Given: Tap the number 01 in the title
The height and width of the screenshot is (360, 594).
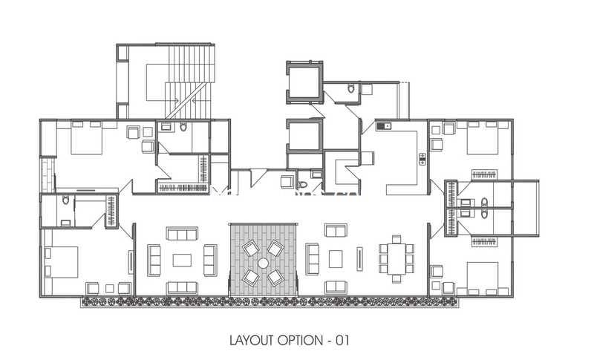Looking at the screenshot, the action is tap(342, 340).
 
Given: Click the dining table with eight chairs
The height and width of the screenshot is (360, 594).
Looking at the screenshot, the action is tap(396, 258).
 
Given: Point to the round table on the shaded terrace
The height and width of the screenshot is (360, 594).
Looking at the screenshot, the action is tap(263, 263).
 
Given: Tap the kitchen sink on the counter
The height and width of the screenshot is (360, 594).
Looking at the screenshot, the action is tap(384, 125).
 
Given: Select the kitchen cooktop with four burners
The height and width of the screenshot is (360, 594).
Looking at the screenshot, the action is tap(422, 159).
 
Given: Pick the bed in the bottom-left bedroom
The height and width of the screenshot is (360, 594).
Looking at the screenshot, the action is tap(62, 262).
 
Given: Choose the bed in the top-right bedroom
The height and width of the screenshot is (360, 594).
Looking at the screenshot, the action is tap(482, 137).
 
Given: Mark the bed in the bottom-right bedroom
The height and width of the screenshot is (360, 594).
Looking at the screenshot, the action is tap(482, 278).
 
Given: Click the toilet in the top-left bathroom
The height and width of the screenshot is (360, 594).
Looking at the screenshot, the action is tap(183, 127).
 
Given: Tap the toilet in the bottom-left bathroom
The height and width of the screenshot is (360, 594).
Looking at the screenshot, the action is tap(65, 200).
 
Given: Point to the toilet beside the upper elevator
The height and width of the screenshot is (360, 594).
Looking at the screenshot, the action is tap(351, 88).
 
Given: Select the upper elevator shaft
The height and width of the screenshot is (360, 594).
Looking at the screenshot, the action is tap(304, 82).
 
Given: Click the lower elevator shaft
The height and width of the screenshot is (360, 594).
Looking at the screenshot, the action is tap(304, 136).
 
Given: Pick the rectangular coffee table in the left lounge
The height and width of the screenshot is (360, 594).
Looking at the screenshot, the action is tap(182, 260).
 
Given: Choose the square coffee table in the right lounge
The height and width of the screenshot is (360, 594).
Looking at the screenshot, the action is tap(336, 259).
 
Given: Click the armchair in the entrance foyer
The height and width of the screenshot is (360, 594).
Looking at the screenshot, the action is tap(287, 181).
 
